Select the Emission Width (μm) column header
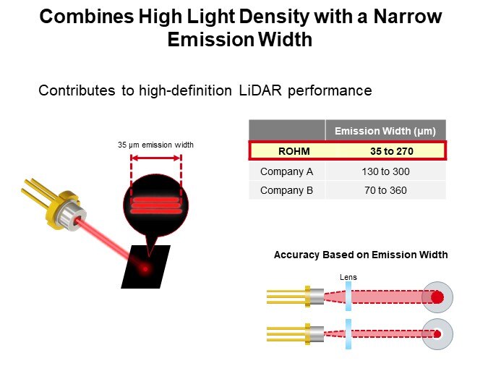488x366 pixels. coord(385,131)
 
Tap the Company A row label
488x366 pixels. coord(286,171)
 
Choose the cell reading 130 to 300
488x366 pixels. coord(385,171)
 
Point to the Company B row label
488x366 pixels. coord(286,190)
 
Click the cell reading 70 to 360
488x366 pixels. coord(385,190)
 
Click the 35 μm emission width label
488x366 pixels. coord(155,145)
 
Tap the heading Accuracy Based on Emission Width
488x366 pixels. coord(360,255)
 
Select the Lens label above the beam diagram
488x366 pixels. coord(348,277)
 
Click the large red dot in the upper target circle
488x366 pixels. coord(437,297)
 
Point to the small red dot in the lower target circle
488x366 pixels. coord(437,333)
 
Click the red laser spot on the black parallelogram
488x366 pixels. coord(145,269)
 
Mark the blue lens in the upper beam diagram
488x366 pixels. coord(348,297)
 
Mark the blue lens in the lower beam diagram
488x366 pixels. coord(348,333)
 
